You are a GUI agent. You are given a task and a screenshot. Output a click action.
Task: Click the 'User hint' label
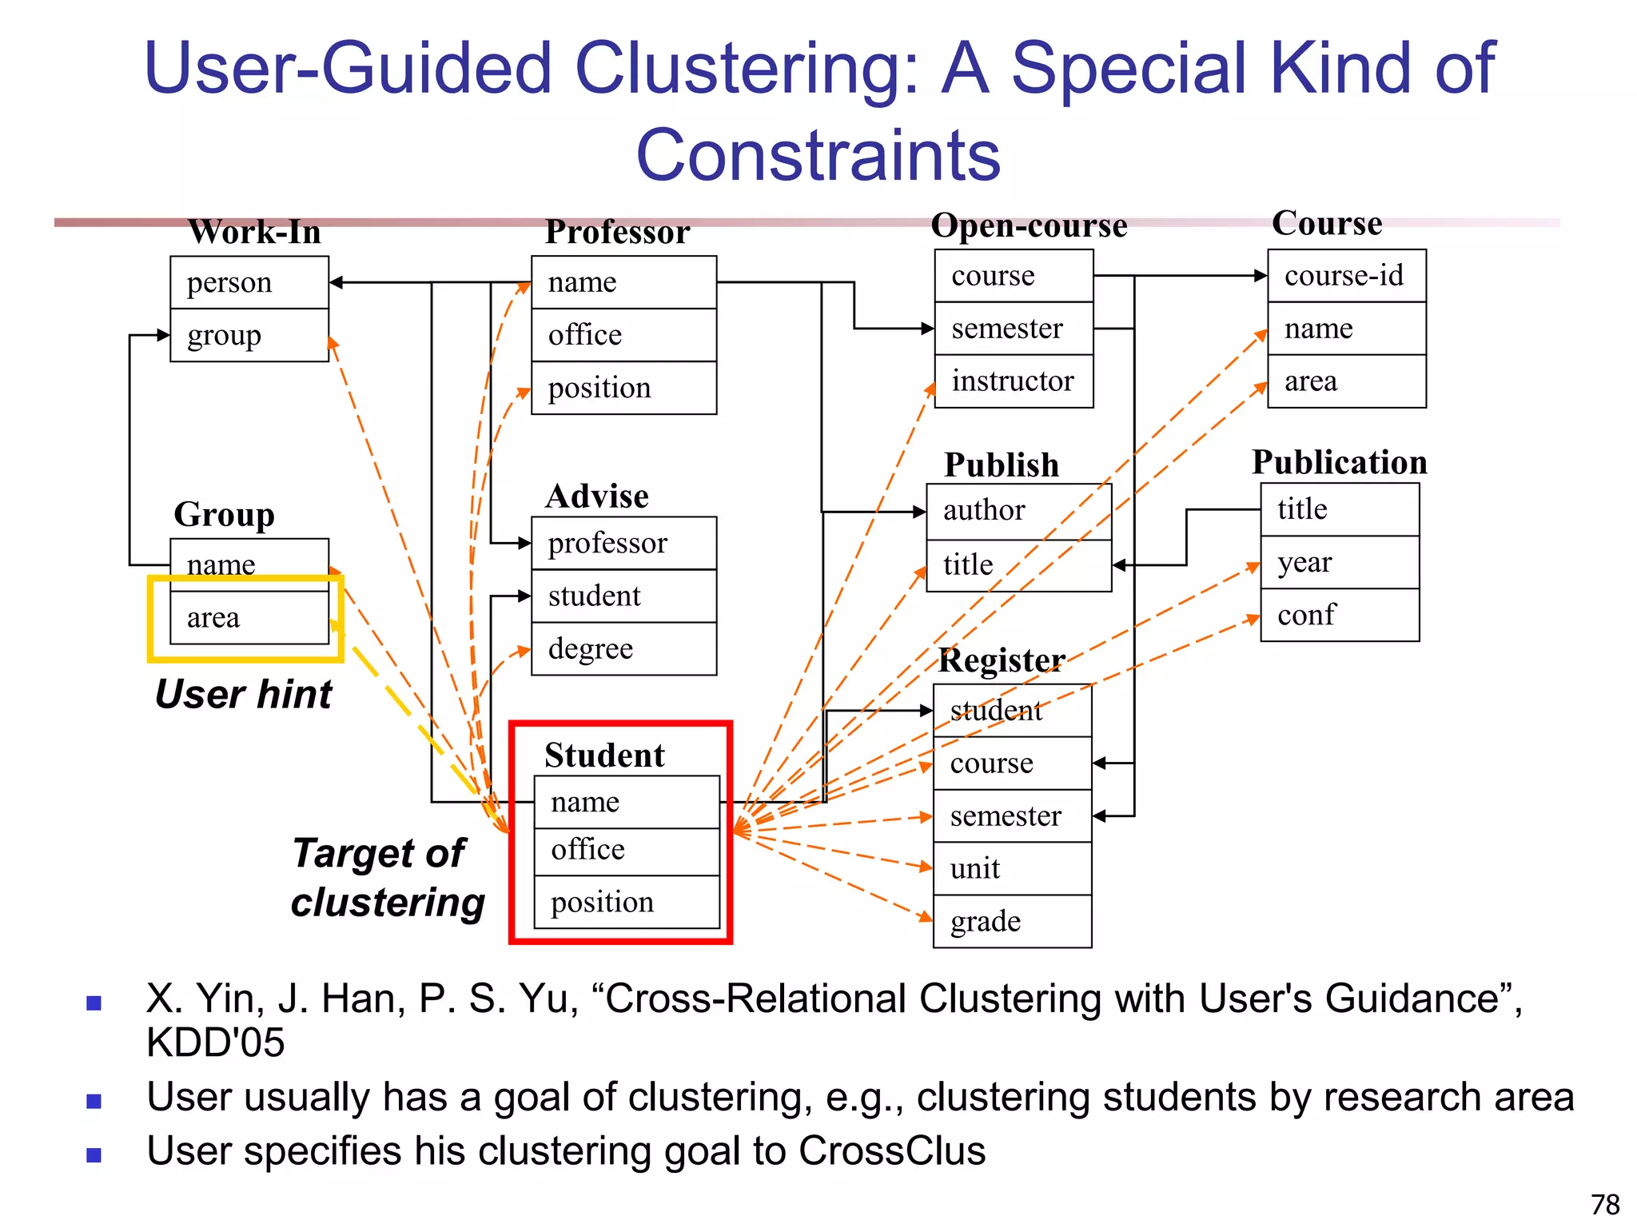click(243, 694)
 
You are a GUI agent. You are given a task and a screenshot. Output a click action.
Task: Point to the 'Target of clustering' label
click(388, 878)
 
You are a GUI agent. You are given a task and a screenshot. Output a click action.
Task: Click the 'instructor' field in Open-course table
click(1013, 381)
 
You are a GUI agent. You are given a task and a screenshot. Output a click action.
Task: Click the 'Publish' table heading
click(1001, 464)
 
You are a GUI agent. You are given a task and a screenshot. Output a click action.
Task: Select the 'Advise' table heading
click(597, 496)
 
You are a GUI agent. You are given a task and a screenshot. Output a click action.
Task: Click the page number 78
click(1604, 1204)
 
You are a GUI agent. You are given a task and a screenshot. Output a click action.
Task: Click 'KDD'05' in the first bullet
click(215, 1043)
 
